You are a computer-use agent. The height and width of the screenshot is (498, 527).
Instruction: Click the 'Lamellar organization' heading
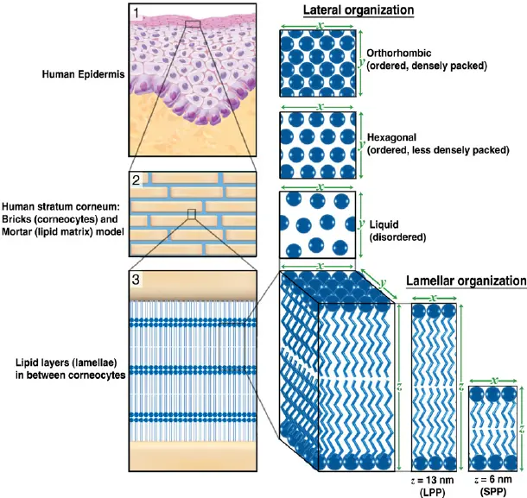(465, 281)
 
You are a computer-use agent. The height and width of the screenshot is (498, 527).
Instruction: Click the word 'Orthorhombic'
(397, 51)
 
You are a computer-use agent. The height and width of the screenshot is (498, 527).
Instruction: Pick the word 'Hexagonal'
(390, 137)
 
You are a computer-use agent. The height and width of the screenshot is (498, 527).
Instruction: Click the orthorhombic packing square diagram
(319, 63)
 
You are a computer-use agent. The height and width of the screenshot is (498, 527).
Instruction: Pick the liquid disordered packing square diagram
(319, 224)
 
